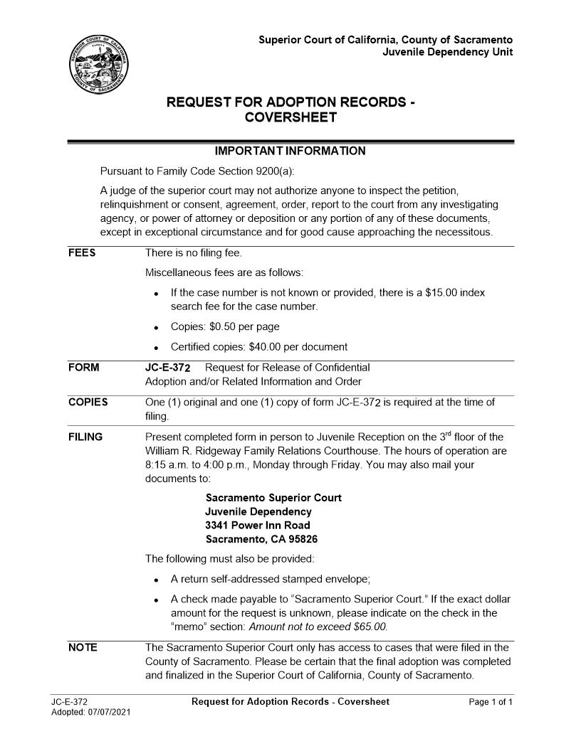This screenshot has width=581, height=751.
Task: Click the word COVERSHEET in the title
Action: tap(290, 117)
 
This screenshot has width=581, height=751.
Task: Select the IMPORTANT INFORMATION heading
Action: tap(290, 151)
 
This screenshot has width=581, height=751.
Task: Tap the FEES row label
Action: tap(82, 253)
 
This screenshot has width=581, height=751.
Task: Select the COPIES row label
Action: tap(88, 403)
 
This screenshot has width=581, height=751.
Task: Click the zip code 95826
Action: tap(293, 539)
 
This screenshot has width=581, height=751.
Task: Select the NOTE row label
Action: tap(83, 647)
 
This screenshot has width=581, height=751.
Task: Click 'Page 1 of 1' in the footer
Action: tap(491, 702)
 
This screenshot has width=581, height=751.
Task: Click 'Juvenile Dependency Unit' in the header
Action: tap(447, 52)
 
